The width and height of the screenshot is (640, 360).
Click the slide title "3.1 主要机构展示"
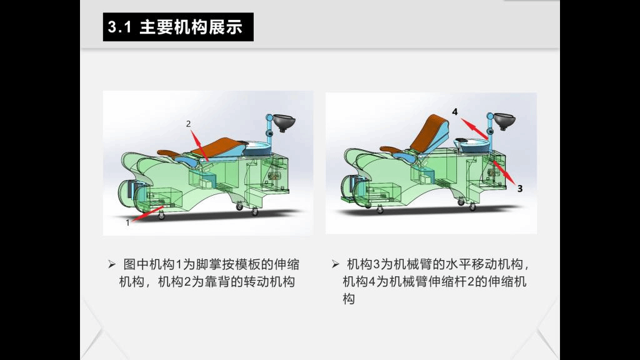[x=175, y=27]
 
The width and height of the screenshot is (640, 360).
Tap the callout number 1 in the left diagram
[x=127, y=222]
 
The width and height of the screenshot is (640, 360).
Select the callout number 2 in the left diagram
[x=188, y=124]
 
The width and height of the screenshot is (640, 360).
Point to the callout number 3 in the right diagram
[x=519, y=189]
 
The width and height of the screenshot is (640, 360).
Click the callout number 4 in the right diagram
[x=455, y=111]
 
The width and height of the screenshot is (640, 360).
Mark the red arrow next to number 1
[x=147, y=214]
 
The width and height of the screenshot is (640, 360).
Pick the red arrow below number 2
[x=199, y=145]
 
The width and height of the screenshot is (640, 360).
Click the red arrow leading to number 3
[x=504, y=172]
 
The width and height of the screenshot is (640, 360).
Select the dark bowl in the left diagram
[x=284, y=122]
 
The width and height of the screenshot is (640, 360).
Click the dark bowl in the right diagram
[x=504, y=121]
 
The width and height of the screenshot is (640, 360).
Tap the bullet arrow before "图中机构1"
[x=112, y=264]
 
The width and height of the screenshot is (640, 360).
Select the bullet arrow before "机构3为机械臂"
[x=336, y=264]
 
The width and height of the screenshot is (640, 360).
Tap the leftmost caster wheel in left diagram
[x=162, y=216]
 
